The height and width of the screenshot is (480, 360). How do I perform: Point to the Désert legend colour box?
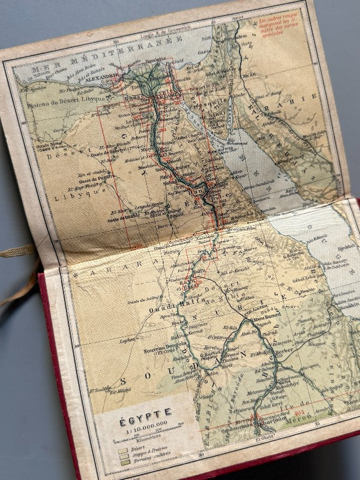click(123, 449)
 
